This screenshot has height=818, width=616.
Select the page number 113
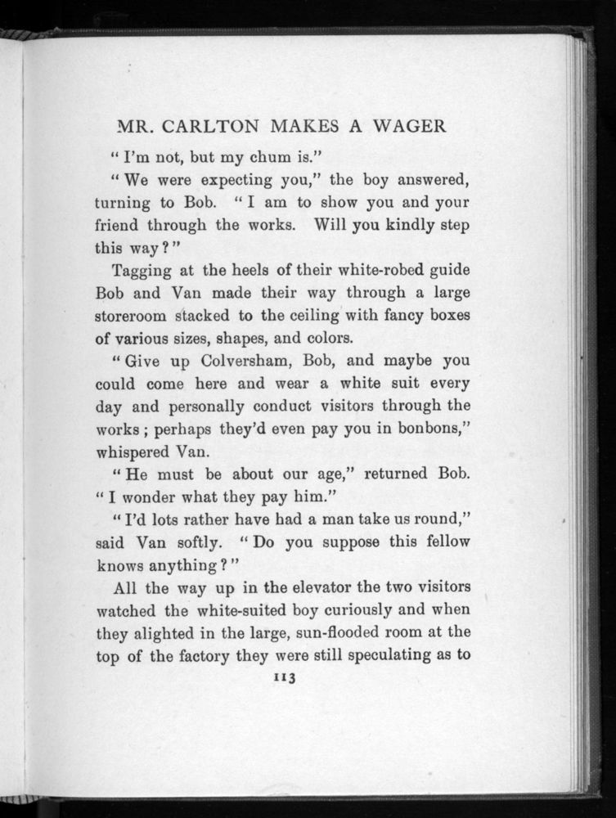[x=286, y=677]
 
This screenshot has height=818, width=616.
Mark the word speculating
[x=393, y=655]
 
